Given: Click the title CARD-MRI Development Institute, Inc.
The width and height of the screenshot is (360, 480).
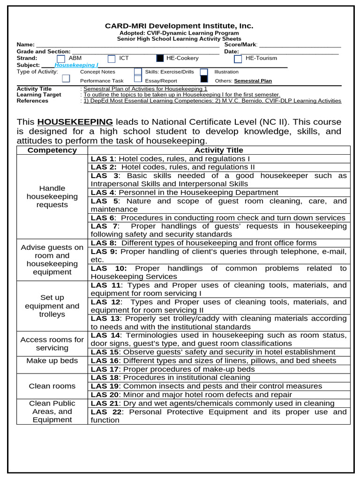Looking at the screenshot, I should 179,26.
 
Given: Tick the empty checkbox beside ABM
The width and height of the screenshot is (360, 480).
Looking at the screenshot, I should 60,59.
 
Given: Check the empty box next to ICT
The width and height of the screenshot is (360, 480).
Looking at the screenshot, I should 111,59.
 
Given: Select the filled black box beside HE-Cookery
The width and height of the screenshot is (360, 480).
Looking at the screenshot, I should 160,59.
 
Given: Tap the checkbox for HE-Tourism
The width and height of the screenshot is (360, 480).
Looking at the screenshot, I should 238,59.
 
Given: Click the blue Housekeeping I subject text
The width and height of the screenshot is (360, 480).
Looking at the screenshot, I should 76,65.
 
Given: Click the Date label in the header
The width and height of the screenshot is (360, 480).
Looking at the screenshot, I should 232,52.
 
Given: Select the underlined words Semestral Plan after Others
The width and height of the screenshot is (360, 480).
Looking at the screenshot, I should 253,81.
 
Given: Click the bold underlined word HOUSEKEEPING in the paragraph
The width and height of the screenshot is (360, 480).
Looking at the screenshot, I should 75,121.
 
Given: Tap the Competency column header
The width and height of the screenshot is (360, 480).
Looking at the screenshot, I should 52,150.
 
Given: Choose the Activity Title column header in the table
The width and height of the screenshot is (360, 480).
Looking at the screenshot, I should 219,150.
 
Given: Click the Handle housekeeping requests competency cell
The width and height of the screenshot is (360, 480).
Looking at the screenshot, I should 52,196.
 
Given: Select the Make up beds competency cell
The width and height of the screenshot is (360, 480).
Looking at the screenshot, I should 52,360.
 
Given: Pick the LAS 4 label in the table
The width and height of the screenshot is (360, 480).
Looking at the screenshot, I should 102,193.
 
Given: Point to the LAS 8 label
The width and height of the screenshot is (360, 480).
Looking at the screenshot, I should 103,243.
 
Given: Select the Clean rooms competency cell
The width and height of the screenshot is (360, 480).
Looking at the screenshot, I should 52,386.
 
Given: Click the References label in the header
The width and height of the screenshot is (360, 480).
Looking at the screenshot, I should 33,101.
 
